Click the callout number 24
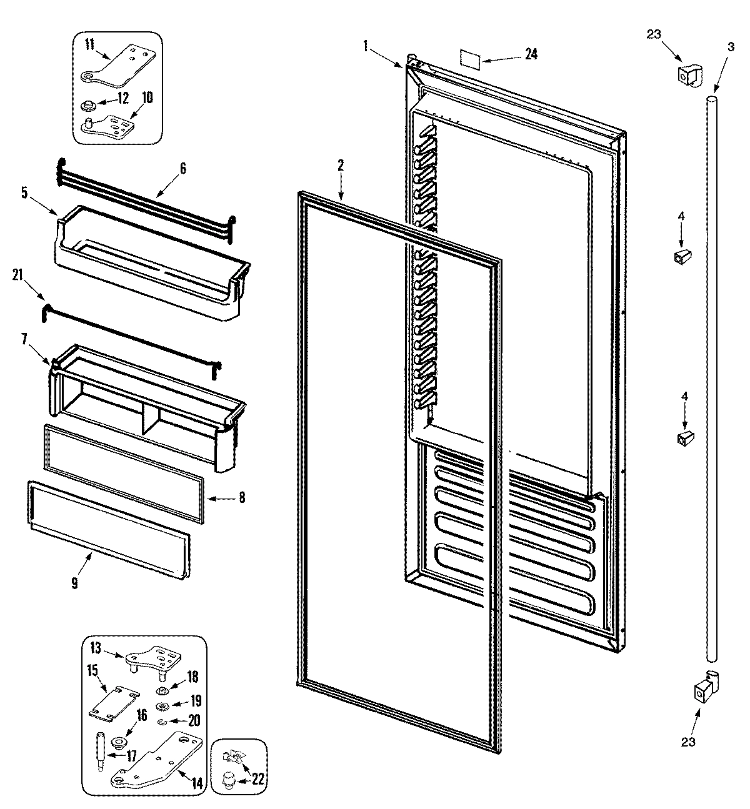(x=531, y=54)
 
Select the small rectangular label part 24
(x=470, y=58)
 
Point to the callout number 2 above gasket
(x=341, y=166)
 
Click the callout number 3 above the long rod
(x=731, y=45)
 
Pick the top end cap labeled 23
(x=687, y=74)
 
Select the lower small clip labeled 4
(x=684, y=438)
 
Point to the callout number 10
(x=147, y=97)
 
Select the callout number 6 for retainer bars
(x=182, y=168)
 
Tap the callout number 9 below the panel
(x=74, y=583)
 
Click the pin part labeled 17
(x=100, y=746)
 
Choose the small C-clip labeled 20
(x=162, y=722)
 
